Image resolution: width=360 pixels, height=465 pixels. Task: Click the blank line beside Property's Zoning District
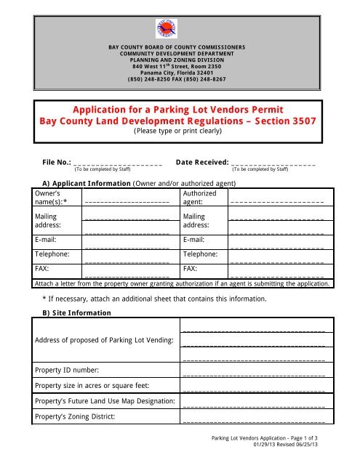[253, 420]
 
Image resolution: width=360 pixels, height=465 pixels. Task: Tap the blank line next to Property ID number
[253, 374]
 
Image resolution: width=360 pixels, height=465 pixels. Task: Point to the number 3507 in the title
[297, 121]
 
